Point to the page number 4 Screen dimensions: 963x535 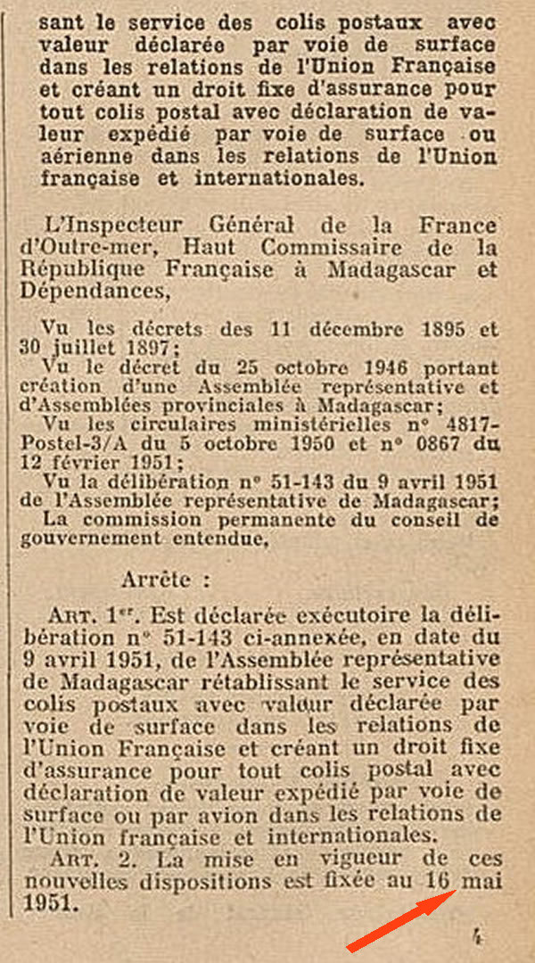point(477,936)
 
